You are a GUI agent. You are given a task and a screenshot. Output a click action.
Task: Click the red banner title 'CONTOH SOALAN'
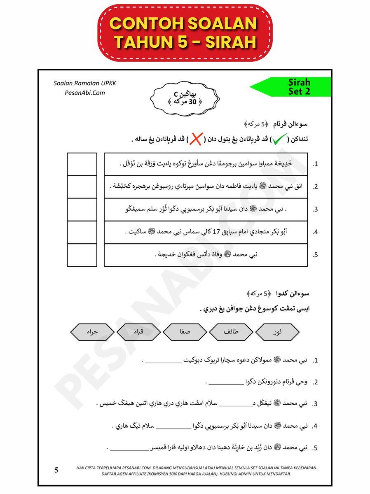coord(184,24)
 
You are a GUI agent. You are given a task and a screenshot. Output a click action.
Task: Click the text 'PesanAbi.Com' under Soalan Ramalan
coord(85,93)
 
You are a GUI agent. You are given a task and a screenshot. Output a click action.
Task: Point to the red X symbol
coord(196,140)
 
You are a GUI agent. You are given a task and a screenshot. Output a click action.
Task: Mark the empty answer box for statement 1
coord(82,164)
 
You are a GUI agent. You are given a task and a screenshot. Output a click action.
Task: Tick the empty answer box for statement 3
coord(82,209)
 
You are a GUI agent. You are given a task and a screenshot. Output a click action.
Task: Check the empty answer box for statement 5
coord(82,255)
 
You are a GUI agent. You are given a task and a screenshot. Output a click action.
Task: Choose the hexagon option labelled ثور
coord(277,332)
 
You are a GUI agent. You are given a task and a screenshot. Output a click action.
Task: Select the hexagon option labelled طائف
coord(231,332)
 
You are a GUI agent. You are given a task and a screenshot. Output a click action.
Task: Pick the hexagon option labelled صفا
coord(185,332)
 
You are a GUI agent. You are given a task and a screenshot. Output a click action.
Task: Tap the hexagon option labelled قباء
coord(138,332)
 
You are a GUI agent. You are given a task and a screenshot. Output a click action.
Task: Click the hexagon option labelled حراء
coord(92,332)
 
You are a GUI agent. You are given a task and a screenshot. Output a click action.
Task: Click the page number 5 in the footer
coord(56,470)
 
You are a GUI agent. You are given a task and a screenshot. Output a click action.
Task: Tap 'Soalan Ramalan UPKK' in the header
coord(85,83)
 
